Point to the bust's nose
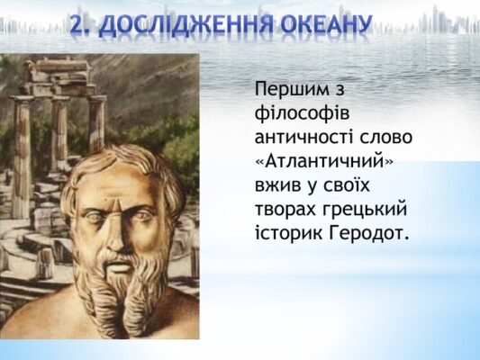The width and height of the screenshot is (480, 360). [115, 229]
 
